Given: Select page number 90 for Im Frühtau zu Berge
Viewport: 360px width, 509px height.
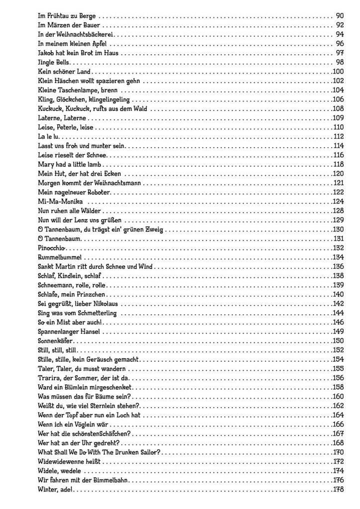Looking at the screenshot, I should [340, 15].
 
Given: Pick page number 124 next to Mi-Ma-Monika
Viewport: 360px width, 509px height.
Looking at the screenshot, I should [339, 201].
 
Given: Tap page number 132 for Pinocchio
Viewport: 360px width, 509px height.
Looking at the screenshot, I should [339, 248].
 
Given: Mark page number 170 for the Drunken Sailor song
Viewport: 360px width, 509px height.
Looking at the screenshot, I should [339, 452].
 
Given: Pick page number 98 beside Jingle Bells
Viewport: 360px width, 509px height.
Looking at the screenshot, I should [340, 63].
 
